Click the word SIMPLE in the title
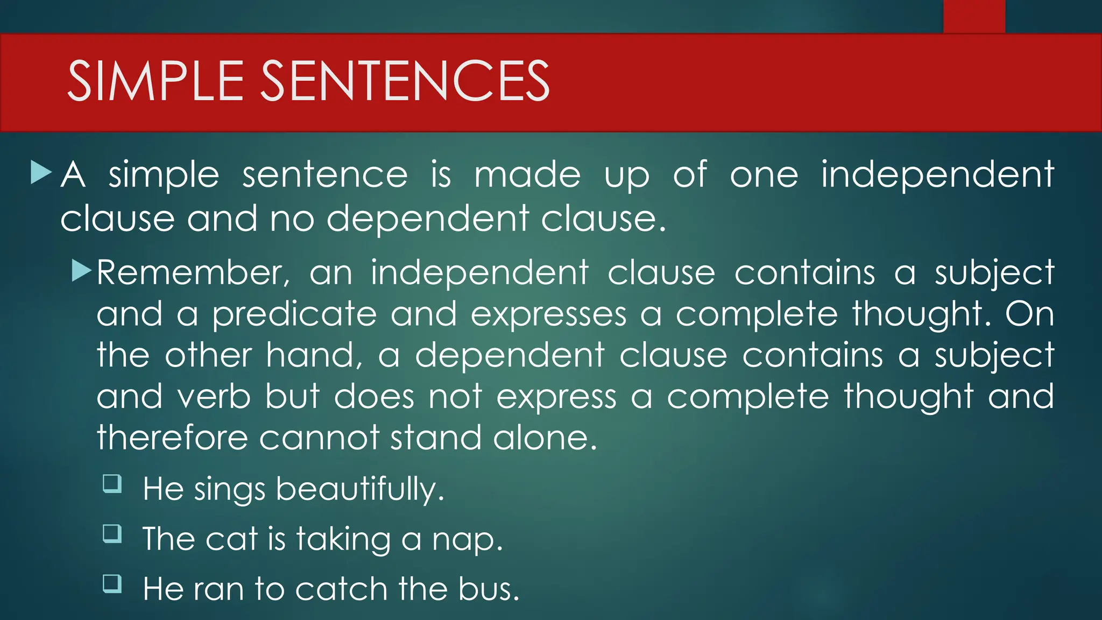156,81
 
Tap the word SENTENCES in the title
405,81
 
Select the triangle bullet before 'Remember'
82,270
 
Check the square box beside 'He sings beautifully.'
112,483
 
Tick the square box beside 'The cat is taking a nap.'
112,533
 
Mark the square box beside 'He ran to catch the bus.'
112,583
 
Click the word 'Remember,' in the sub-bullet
193,272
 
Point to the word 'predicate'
294,315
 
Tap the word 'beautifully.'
360,489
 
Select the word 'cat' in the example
231,539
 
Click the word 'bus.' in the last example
489,589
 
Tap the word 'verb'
214,397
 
